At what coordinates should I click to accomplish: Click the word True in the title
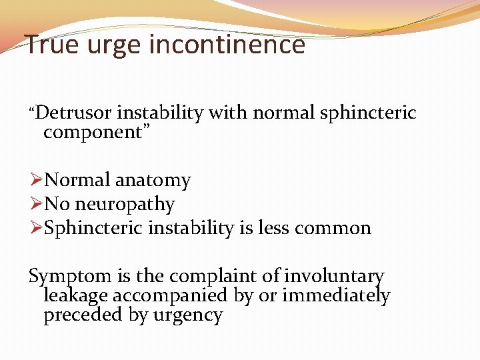coord(51,45)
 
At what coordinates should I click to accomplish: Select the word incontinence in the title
coord(227,45)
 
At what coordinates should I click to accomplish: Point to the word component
coord(93,132)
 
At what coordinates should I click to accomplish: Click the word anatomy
coord(153,180)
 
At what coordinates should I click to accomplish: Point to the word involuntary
coord(334,276)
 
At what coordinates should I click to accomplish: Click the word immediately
coord(336,295)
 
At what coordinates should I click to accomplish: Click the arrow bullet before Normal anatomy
coord(37,180)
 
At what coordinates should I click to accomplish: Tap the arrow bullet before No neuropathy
coord(37,204)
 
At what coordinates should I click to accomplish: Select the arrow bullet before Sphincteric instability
coord(37,228)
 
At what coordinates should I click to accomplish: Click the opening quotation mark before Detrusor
coord(31,109)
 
